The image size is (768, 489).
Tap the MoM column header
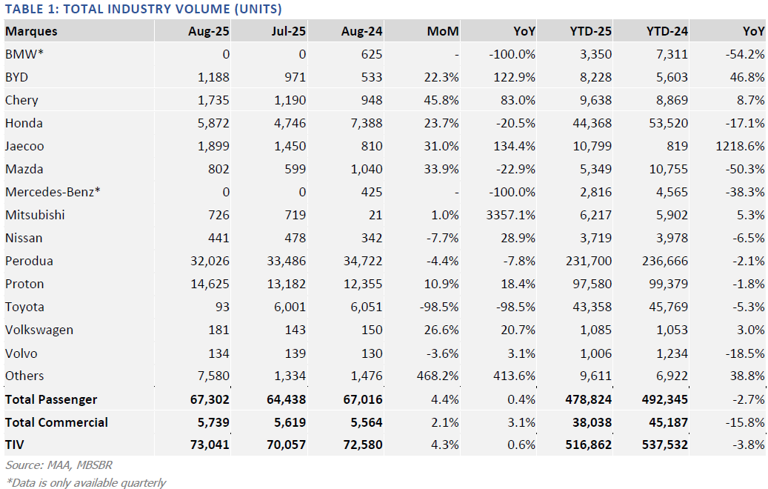pos(443,32)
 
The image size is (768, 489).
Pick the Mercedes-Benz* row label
pos(53,192)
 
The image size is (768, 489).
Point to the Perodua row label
pos(29,261)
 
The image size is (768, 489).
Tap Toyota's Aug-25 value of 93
pos(221,307)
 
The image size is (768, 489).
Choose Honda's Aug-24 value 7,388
pos(365,123)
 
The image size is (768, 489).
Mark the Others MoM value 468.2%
pos(438,376)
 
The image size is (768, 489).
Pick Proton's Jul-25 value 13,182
pos(286,284)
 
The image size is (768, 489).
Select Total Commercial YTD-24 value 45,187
pos(664,422)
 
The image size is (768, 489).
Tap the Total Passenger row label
pos(51,399)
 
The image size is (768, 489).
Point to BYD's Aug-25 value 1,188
pos(213,77)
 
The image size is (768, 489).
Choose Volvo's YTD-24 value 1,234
pos(670,353)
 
